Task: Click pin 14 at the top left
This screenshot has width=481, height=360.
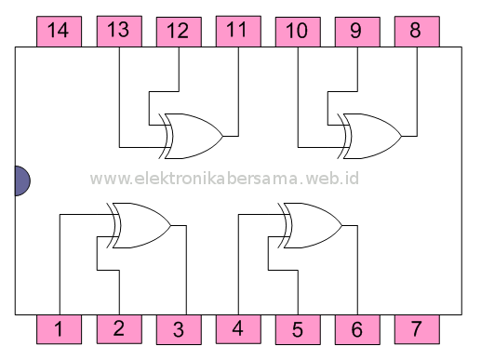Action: point(59,31)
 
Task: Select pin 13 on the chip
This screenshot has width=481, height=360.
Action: point(118,31)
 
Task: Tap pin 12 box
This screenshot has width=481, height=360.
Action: point(178,31)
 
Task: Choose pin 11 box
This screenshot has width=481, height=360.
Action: point(237,31)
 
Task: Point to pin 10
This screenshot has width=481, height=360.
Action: point(297,31)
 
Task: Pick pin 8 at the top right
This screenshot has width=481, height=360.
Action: point(416,31)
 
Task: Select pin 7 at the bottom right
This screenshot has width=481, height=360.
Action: point(416,328)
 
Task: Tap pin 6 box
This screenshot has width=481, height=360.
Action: point(356,328)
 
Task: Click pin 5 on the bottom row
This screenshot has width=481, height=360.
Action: point(297,328)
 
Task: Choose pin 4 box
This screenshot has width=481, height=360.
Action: point(237,328)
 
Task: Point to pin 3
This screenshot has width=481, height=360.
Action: point(178,328)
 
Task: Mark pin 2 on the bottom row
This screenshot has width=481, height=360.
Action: point(118,328)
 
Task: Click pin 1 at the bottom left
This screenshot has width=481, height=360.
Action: point(59,328)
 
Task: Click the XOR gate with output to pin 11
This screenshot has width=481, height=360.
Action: point(192,136)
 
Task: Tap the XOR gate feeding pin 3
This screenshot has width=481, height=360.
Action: point(140,225)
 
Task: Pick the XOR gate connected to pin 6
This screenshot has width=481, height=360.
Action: point(311,225)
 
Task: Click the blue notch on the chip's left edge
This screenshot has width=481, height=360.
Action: point(21,180)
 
